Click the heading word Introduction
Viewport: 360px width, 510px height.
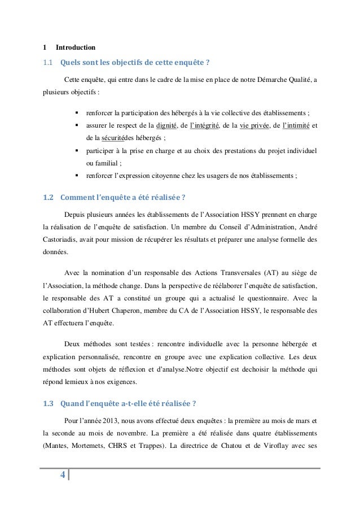(75, 46)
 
